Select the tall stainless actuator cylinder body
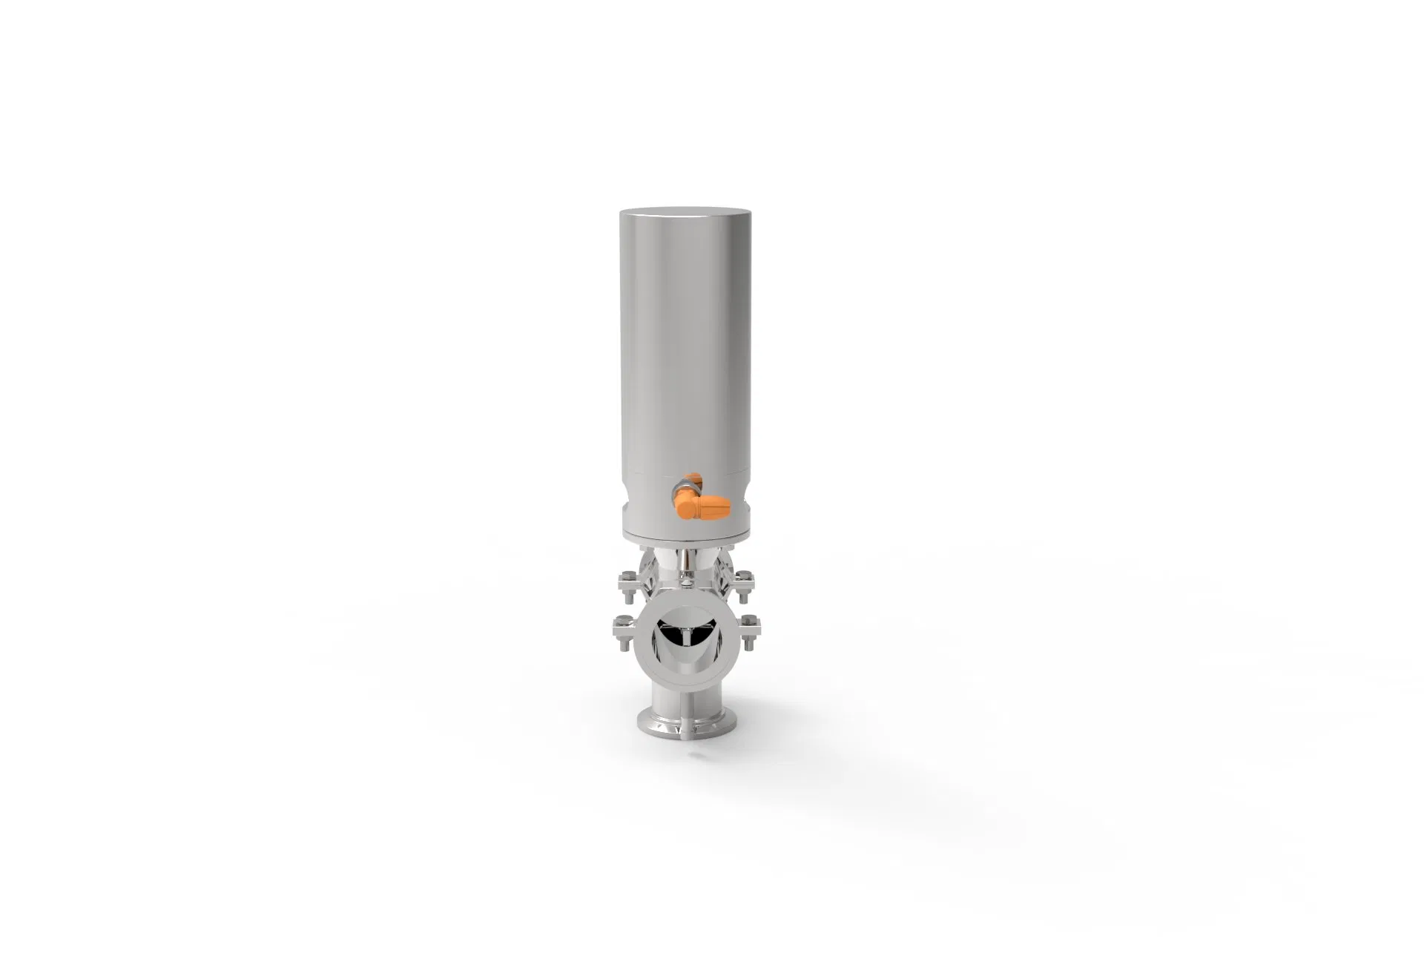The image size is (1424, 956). pos(676,356)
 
